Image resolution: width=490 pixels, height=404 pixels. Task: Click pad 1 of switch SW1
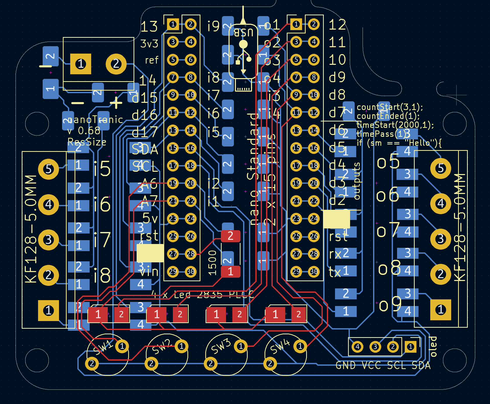tap(122, 346)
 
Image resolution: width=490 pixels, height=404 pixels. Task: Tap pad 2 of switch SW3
tap(211, 363)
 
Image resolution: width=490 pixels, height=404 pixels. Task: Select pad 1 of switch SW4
tap(300, 346)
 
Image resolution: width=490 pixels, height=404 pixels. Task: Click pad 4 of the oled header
tap(357, 347)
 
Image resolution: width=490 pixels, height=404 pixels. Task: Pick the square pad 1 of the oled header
tap(410, 347)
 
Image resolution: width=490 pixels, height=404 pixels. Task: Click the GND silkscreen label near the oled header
tap(345, 365)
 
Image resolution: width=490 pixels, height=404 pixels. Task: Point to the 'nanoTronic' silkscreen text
tap(95, 119)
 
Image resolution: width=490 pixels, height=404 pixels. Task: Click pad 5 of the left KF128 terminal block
tap(49, 169)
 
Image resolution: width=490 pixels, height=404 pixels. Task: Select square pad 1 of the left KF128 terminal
tap(49, 310)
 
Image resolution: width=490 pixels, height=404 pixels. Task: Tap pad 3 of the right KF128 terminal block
tap(440, 239)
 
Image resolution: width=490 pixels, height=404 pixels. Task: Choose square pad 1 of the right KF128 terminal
tap(440, 310)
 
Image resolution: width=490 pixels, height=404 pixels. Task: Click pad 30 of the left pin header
tap(190, 271)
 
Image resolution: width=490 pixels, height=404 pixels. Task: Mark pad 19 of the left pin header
tap(173, 183)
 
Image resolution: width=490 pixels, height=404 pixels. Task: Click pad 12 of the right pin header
tap(314, 112)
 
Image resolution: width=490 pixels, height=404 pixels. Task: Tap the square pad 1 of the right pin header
tap(296, 24)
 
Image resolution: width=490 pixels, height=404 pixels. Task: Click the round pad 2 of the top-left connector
tap(116, 64)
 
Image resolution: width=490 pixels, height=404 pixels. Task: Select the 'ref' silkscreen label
tap(152, 60)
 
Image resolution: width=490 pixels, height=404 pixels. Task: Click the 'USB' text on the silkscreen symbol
tap(243, 33)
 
